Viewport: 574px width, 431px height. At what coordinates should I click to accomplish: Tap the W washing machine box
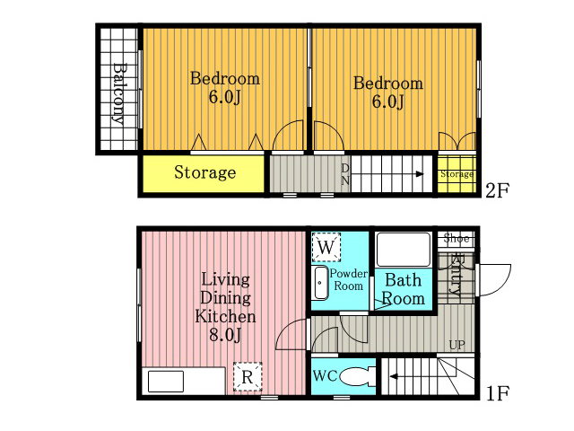pyautogui.click(x=326, y=248)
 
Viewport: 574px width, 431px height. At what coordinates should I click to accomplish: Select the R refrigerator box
pyautogui.click(x=248, y=376)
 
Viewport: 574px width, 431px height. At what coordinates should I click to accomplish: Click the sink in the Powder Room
pyautogui.click(x=321, y=283)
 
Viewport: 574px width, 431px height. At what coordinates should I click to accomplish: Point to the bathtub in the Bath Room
pyautogui.click(x=403, y=250)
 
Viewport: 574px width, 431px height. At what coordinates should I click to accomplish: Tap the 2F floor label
pyautogui.click(x=497, y=190)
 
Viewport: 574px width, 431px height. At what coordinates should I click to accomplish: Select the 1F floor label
pyautogui.click(x=497, y=393)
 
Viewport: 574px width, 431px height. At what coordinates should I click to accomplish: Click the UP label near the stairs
pyautogui.click(x=457, y=345)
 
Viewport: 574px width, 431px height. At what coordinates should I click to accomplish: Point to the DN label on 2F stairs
pyautogui.click(x=345, y=174)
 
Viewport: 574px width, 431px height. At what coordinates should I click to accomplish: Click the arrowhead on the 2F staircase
pyautogui.click(x=421, y=174)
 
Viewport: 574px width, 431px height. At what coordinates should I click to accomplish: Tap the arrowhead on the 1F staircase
pyautogui.click(x=394, y=376)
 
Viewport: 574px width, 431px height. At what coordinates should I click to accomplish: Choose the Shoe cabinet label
pyautogui.click(x=457, y=238)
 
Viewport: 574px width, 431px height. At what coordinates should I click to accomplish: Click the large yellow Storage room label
pyautogui.click(x=205, y=172)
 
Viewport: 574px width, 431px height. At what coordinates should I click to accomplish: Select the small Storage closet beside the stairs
pyautogui.click(x=457, y=174)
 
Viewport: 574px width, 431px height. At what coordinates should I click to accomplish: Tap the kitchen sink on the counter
pyautogui.click(x=165, y=381)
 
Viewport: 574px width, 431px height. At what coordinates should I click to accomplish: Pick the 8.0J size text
pyautogui.click(x=225, y=335)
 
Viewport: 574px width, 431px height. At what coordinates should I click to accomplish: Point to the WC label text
pyautogui.click(x=325, y=376)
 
